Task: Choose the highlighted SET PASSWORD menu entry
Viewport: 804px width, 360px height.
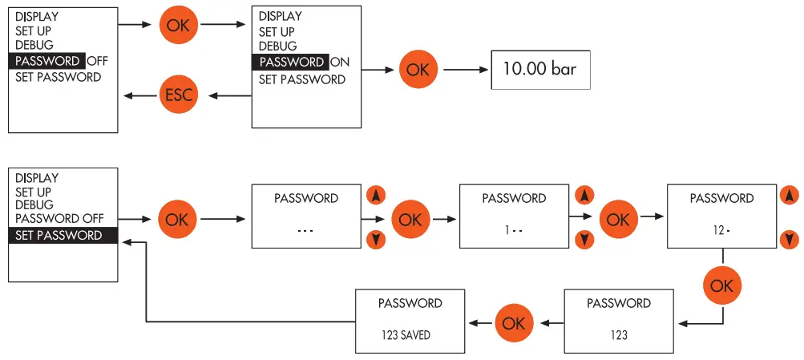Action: [63, 236]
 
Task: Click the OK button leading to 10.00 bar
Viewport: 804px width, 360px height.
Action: [418, 69]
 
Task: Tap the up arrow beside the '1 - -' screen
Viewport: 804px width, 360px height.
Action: [584, 196]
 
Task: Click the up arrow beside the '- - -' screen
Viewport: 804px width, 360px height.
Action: [375, 196]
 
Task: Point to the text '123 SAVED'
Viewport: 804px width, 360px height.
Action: [406, 335]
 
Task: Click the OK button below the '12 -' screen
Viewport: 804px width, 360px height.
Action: [722, 285]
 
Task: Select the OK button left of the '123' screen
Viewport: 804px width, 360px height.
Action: [514, 322]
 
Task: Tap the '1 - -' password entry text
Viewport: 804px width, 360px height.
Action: [513, 230]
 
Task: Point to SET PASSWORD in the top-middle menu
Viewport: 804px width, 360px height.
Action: [301, 79]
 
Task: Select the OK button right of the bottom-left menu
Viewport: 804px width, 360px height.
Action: [177, 219]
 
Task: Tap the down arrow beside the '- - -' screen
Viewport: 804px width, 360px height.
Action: [375, 238]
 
